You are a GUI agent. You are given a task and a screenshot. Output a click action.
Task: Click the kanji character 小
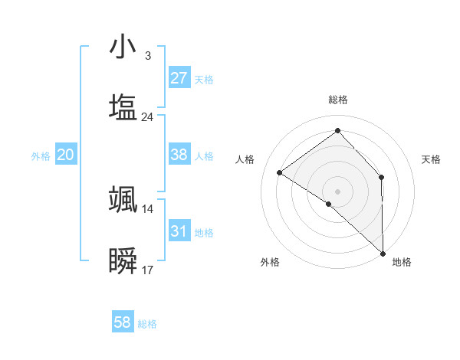(x=123, y=47)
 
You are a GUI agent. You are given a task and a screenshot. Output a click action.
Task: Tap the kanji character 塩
(x=123, y=108)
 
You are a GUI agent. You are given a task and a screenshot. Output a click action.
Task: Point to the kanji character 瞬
(x=123, y=261)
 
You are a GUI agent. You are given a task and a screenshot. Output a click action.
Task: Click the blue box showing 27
(x=179, y=78)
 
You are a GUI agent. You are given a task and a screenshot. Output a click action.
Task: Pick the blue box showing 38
(x=179, y=155)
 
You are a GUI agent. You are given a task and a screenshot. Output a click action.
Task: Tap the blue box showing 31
(x=179, y=231)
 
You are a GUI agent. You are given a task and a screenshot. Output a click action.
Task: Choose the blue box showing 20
(x=66, y=155)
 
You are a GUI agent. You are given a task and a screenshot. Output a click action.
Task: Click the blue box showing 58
(x=123, y=322)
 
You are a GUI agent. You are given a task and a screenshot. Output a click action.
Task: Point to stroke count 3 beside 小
(x=147, y=56)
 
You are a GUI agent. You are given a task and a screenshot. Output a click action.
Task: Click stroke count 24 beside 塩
(x=148, y=117)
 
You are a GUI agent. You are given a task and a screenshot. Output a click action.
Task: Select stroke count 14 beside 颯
(x=148, y=209)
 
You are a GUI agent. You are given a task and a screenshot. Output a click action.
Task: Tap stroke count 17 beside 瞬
(x=148, y=270)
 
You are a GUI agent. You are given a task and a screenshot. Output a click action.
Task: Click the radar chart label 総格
(x=338, y=100)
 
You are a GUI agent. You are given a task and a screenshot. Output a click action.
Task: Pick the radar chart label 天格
(x=432, y=159)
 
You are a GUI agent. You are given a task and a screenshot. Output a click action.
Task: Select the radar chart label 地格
(x=402, y=262)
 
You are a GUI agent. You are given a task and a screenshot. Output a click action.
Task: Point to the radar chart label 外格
(x=270, y=262)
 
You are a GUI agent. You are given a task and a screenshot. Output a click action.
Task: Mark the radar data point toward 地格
(x=383, y=253)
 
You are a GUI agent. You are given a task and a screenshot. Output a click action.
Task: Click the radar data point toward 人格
(x=280, y=172)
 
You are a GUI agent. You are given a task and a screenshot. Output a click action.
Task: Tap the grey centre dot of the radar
(x=337, y=191)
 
